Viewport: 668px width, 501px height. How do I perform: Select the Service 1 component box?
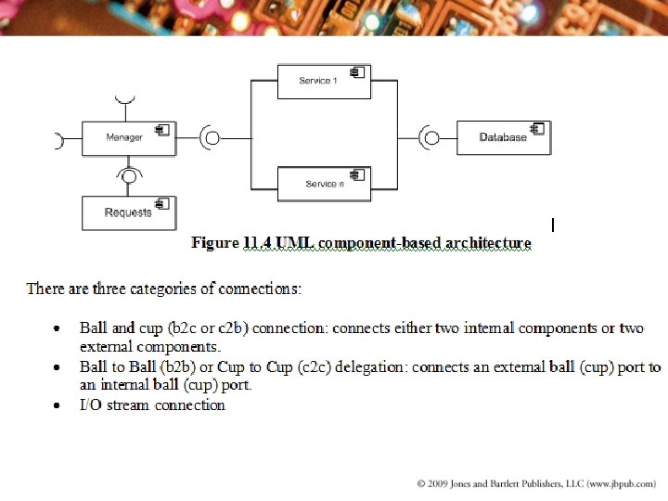[324, 82]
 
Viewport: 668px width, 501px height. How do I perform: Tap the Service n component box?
[324, 183]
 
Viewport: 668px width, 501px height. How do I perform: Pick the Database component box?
[503, 137]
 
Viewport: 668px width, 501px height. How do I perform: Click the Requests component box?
[128, 212]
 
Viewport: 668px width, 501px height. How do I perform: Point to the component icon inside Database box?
[536, 129]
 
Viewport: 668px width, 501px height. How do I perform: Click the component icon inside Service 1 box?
[357, 72]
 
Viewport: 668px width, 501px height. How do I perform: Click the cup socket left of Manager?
[58, 141]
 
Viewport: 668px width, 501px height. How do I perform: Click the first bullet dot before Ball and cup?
[58, 328]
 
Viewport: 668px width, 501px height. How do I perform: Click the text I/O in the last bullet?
[91, 405]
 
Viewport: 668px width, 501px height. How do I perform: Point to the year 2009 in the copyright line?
[442, 483]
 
